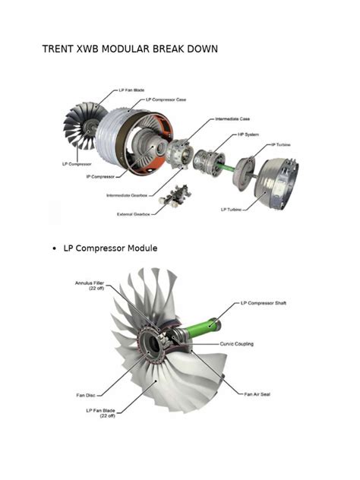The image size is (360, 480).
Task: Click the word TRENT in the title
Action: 59,50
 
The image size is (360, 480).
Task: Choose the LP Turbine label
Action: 232,209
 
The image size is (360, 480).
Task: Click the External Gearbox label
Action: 131,213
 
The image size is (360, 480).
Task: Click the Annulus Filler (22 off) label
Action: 90,286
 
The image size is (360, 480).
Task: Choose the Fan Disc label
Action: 84,395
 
